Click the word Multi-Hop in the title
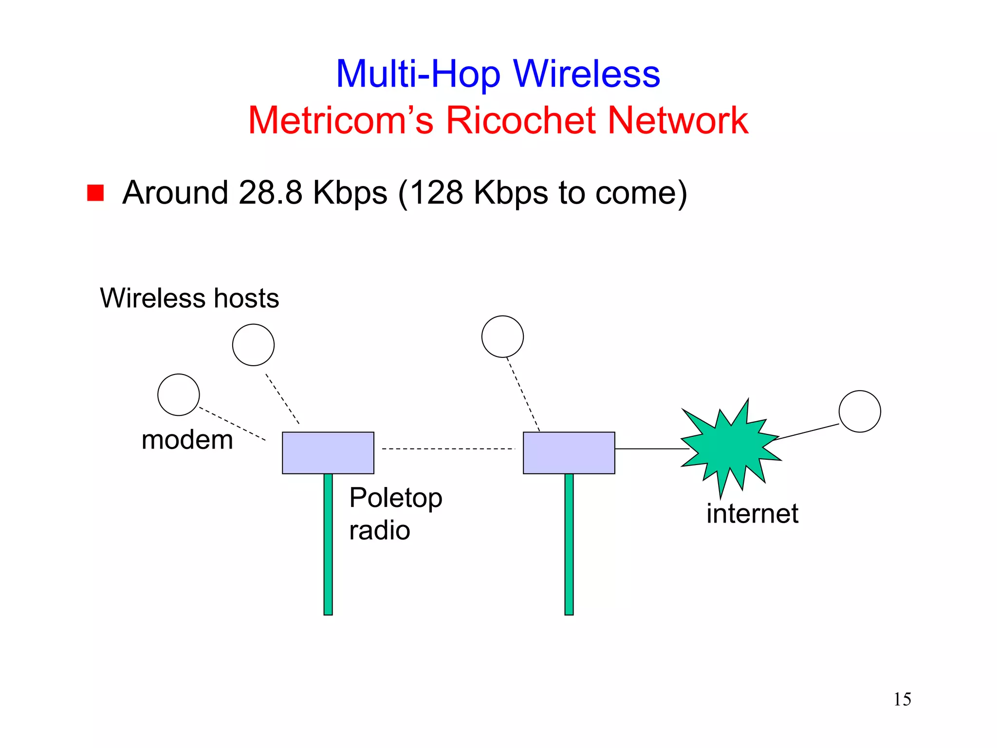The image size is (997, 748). coord(418,74)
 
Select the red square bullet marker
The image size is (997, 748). coord(95,192)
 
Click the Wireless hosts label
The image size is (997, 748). coord(189,298)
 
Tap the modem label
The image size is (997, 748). coord(187,440)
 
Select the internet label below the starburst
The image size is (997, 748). coord(752,514)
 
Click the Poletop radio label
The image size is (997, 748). coord(395,514)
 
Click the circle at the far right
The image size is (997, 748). coord(860,411)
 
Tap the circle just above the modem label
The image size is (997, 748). coord(179,395)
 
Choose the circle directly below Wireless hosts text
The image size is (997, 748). coord(253,345)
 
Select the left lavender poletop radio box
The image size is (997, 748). coord(328,453)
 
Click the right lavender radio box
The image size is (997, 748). coord(569,453)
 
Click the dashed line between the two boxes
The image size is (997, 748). coord(448,449)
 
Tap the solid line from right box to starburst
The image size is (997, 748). coord(650,449)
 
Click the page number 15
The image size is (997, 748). coord(902,699)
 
